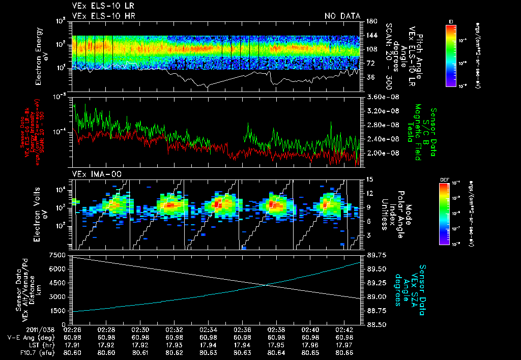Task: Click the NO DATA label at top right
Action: (x=342, y=16)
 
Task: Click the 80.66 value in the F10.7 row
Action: (x=344, y=351)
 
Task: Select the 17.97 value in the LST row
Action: (x=344, y=344)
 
